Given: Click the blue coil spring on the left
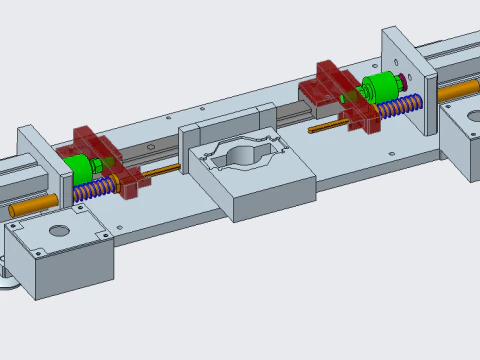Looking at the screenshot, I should click(94, 190).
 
